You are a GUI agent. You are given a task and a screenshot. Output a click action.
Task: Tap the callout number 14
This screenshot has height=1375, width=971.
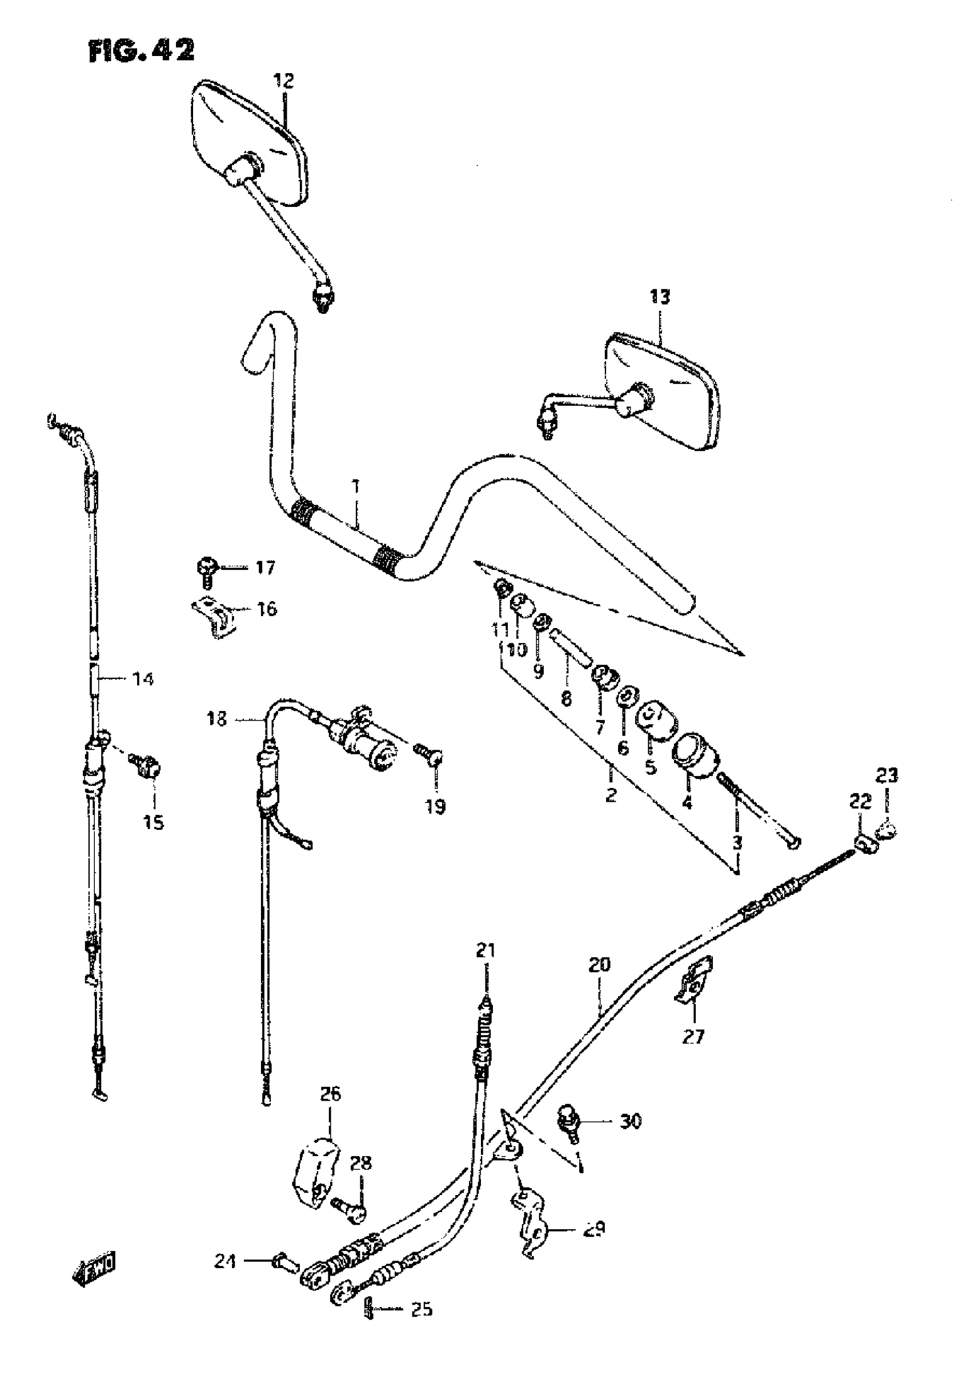point(142,679)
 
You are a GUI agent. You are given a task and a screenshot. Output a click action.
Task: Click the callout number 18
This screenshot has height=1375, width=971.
point(217,718)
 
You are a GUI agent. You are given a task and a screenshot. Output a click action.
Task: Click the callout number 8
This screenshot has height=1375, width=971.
point(565,698)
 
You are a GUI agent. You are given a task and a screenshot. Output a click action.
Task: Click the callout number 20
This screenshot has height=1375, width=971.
point(599,965)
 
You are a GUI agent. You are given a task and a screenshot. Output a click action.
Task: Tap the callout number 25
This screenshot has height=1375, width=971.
point(421,1310)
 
